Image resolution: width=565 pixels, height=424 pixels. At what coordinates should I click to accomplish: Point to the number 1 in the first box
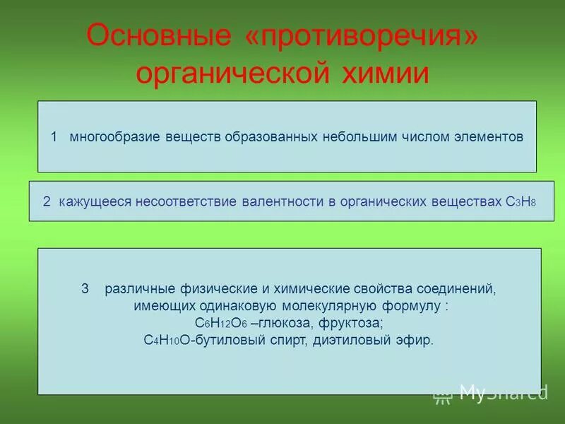[x=54, y=136]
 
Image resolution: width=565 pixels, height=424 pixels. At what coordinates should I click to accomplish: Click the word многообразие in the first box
[x=116, y=136]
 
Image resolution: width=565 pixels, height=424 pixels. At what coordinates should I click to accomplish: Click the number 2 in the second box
[x=46, y=201]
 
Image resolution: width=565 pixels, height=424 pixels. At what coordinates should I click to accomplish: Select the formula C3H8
[x=521, y=202]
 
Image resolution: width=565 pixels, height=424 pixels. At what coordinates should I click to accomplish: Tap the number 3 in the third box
[x=85, y=289]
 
